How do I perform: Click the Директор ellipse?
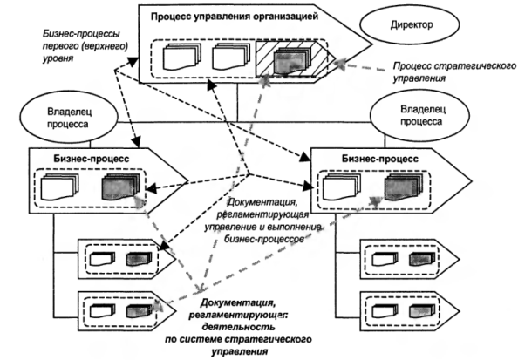click(410, 24)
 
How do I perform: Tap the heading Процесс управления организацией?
click(235, 17)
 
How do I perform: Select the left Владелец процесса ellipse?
click(69, 119)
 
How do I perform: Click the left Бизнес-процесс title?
click(92, 159)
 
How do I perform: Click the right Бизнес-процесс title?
click(380, 159)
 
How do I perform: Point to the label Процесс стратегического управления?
click(454, 72)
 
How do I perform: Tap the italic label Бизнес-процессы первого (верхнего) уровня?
click(85, 46)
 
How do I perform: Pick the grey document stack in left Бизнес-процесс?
click(121, 187)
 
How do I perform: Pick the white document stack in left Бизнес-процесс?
click(60, 187)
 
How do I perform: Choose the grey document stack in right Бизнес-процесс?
click(404, 187)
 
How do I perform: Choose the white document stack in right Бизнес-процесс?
click(342, 187)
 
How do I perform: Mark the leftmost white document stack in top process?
click(182, 57)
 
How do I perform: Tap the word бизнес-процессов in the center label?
click(263, 239)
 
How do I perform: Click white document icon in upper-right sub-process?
click(385, 259)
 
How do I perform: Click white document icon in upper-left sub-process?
click(102, 259)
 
